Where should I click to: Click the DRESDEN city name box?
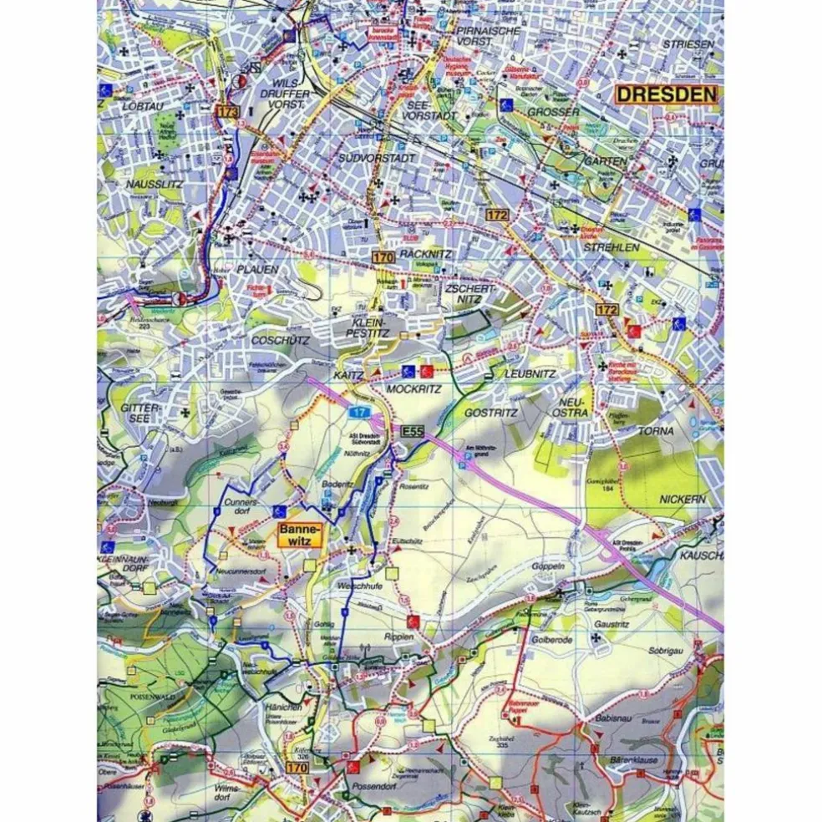click(666, 94)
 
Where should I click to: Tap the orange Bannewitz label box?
click(298, 535)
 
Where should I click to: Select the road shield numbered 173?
click(226, 111)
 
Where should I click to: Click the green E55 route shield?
click(411, 431)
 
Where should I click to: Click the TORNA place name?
click(656, 431)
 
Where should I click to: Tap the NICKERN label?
click(682, 499)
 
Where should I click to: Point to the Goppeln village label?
click(548, 566)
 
